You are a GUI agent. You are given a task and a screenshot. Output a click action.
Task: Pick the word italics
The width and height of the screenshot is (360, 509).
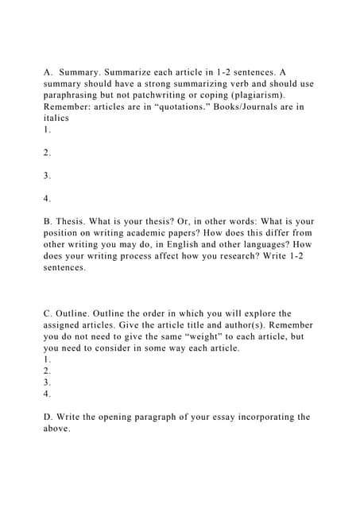click(56, 118)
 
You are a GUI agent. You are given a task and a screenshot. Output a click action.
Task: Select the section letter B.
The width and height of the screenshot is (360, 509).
click(48, 221)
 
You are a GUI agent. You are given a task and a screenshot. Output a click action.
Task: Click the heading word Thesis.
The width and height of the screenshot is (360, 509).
click(73, 221)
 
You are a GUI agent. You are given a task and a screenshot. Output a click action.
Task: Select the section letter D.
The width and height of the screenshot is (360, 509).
click(48, 417)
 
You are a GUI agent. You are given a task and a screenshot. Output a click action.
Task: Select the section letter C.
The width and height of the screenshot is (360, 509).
click(48, 313)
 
